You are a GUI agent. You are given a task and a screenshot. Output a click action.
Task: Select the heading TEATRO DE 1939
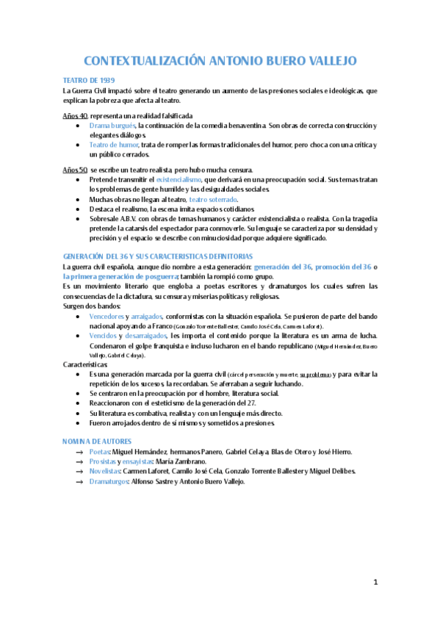(88, 79)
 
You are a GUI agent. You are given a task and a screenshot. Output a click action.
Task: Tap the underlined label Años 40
(76, 116)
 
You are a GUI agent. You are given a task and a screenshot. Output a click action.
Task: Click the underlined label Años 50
(76, 170)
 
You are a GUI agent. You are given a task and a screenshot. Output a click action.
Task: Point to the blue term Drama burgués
(112, 126)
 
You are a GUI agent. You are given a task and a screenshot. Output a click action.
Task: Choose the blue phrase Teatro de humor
(113, 145)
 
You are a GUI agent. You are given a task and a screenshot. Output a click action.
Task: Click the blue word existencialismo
(183, 180)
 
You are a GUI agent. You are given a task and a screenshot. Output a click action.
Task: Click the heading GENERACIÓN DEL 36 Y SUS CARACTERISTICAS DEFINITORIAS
(158, 256)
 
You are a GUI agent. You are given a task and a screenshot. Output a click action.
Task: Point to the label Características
(85, 364)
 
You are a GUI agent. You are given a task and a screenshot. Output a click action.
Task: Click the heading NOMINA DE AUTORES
(97, 441)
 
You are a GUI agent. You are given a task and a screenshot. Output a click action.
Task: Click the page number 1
(375, 583)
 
